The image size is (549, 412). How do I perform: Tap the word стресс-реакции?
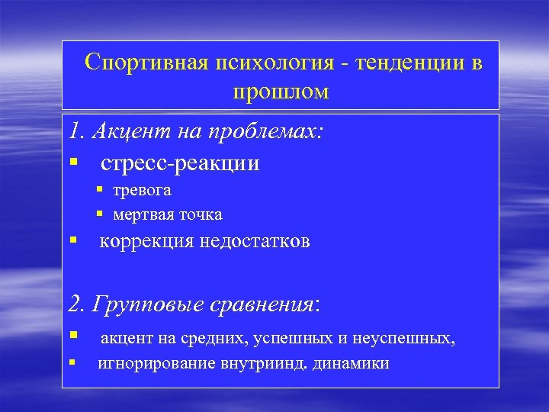(180, 163)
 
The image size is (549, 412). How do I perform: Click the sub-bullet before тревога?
(99, 190)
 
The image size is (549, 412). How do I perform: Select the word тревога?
(143, 190)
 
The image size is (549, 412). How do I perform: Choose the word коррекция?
(146, 242)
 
